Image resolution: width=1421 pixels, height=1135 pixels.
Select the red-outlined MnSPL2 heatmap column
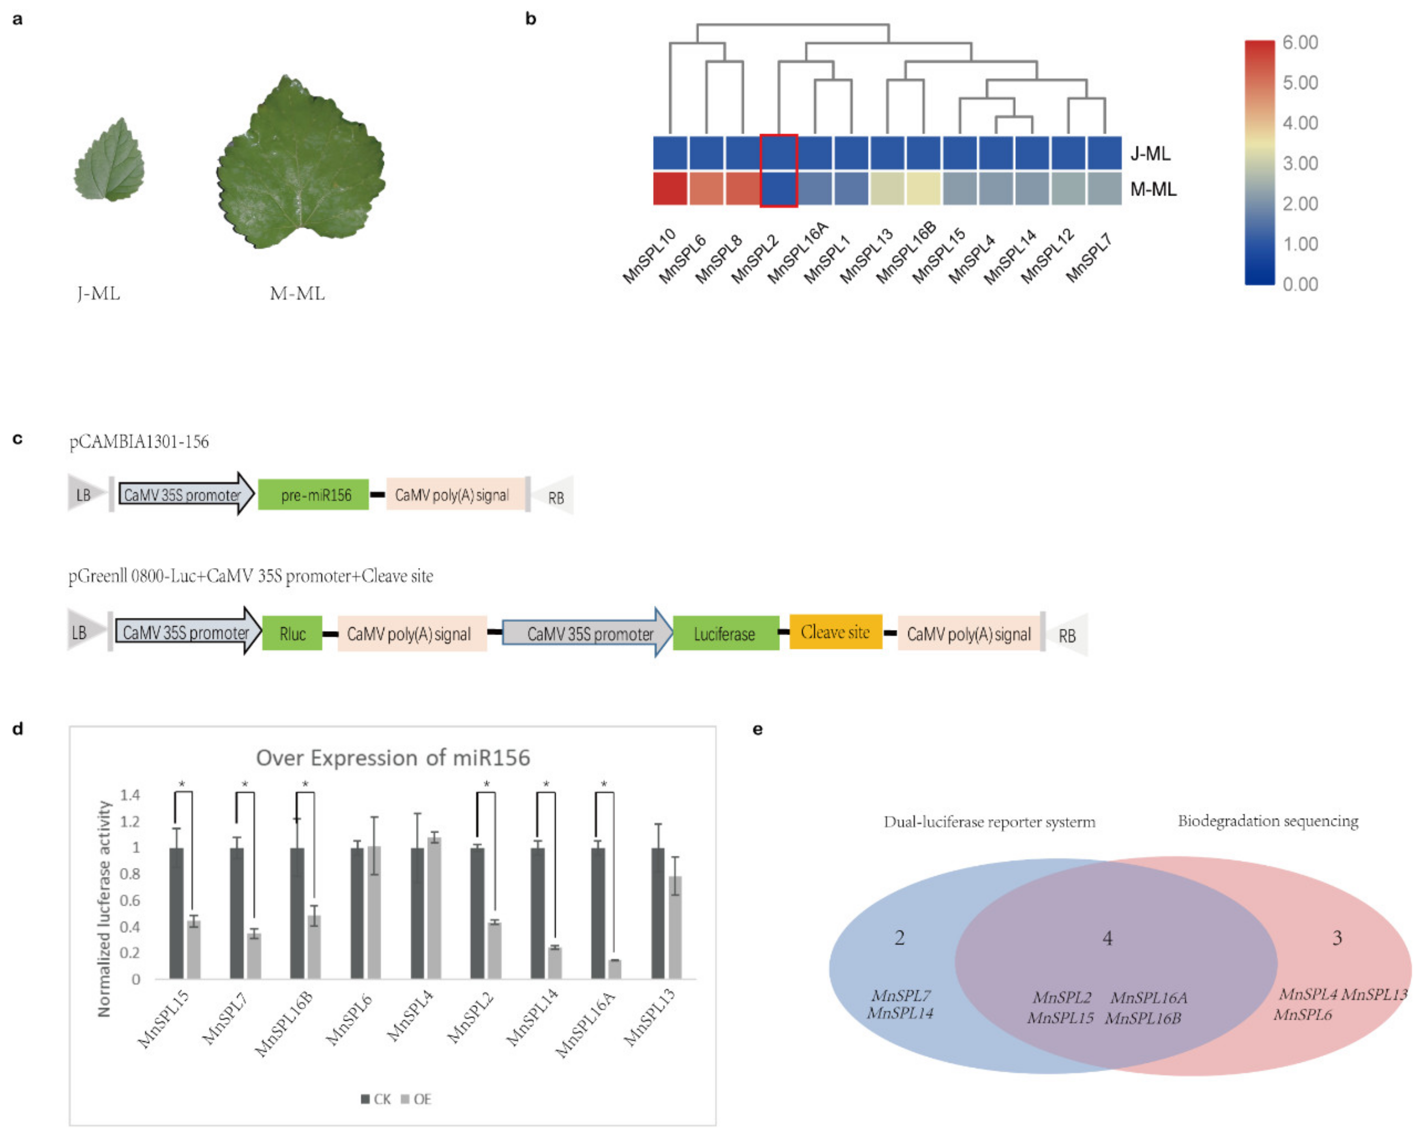tap(778, 171)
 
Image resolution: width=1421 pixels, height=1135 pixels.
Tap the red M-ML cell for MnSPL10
tap(670, 188)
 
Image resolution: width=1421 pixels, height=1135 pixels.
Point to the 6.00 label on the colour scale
tap(1300, 43)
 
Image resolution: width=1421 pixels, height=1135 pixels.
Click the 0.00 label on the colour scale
tap(1300, 285)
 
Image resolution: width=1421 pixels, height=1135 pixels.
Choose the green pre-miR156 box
tap(313, 495)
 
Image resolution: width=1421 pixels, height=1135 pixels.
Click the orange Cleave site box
tap(835, 632)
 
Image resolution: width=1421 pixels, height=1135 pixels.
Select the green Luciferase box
tap(725, 634)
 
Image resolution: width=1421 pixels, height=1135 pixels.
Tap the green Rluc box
tap(292, 634)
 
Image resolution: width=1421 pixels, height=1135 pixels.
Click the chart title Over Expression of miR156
tap(393, 758)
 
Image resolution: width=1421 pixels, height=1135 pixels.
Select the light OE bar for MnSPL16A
tap(615, 969)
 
